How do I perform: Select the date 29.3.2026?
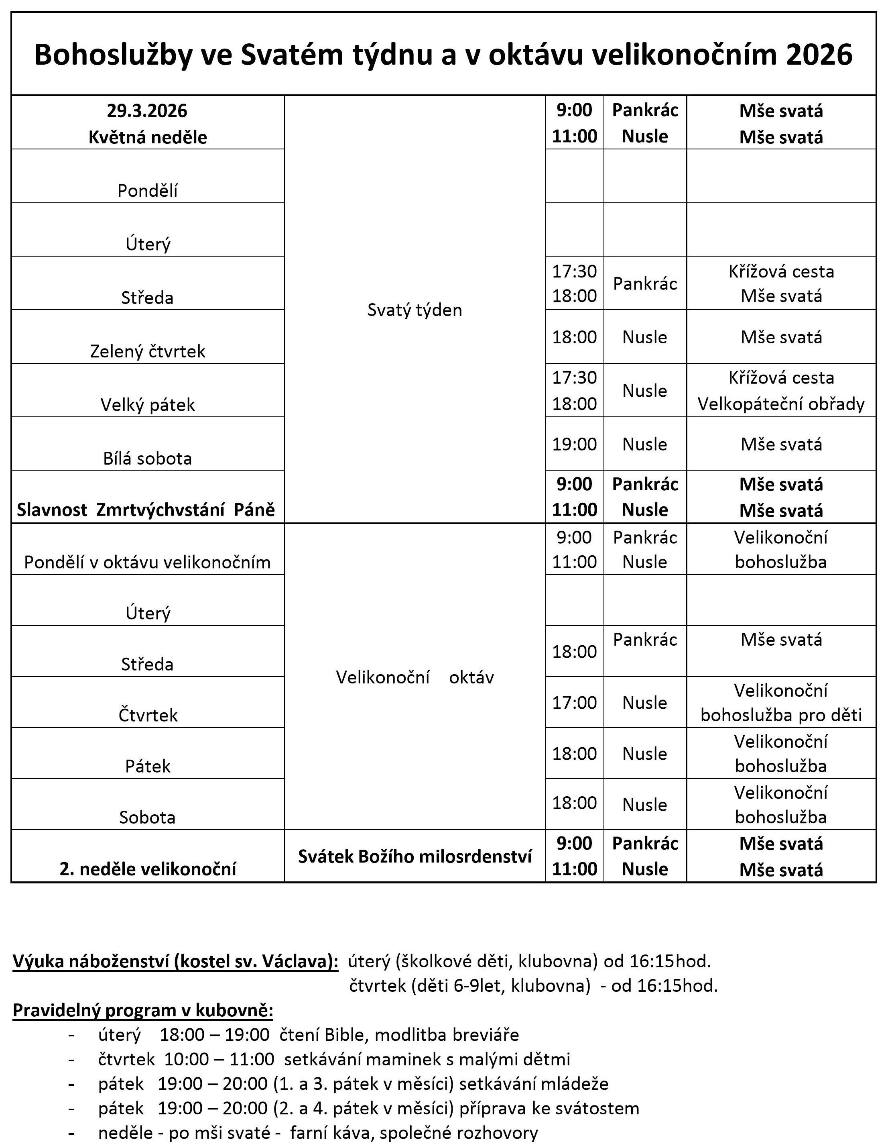[147, 111]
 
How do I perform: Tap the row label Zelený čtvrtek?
[148, 351]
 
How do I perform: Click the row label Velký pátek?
[148, 405]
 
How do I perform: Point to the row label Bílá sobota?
[148, 458]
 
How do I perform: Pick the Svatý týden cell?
[415, 310]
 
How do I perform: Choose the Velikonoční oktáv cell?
[415, 677]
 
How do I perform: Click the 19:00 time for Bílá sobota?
[574, 444]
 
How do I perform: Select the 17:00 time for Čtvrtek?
[574, 702]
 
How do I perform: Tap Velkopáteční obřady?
[780, 404]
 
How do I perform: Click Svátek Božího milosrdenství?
[415, 856]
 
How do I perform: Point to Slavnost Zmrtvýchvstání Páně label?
[146, 510]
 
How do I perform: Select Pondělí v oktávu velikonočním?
[148, 562]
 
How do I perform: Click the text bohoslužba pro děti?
[780, 715]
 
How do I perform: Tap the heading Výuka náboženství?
[175, 961]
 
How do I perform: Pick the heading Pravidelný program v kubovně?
[142, 1010]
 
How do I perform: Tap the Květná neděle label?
[148, 137]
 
